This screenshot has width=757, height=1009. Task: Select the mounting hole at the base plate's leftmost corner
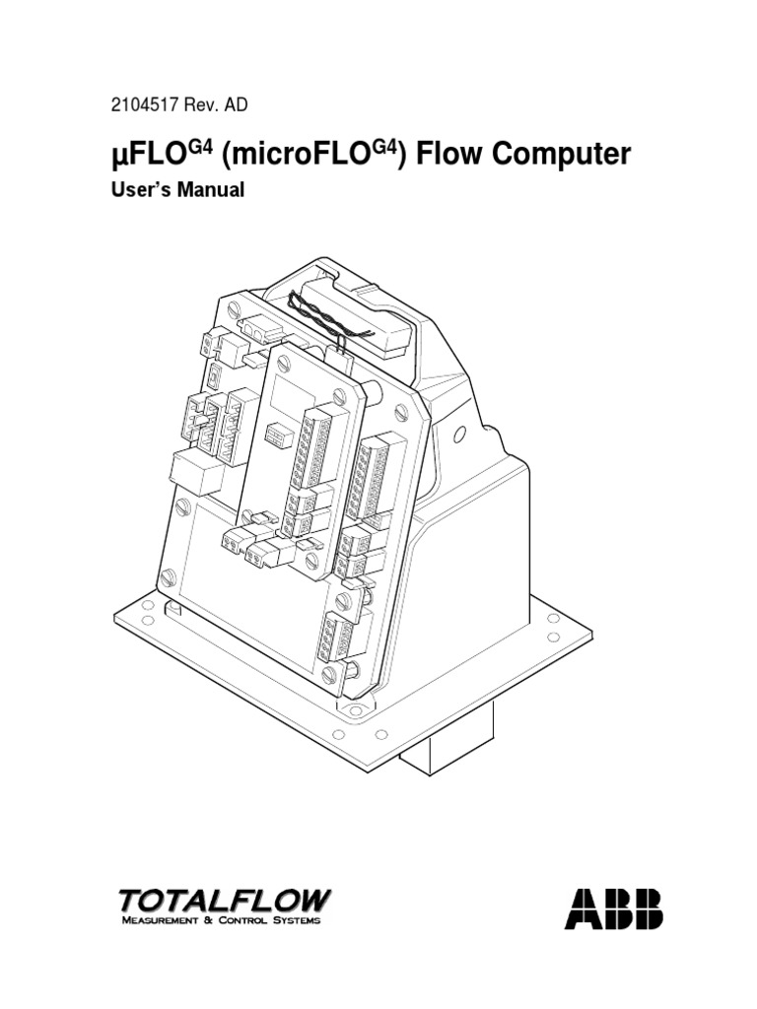pos(148,605)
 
